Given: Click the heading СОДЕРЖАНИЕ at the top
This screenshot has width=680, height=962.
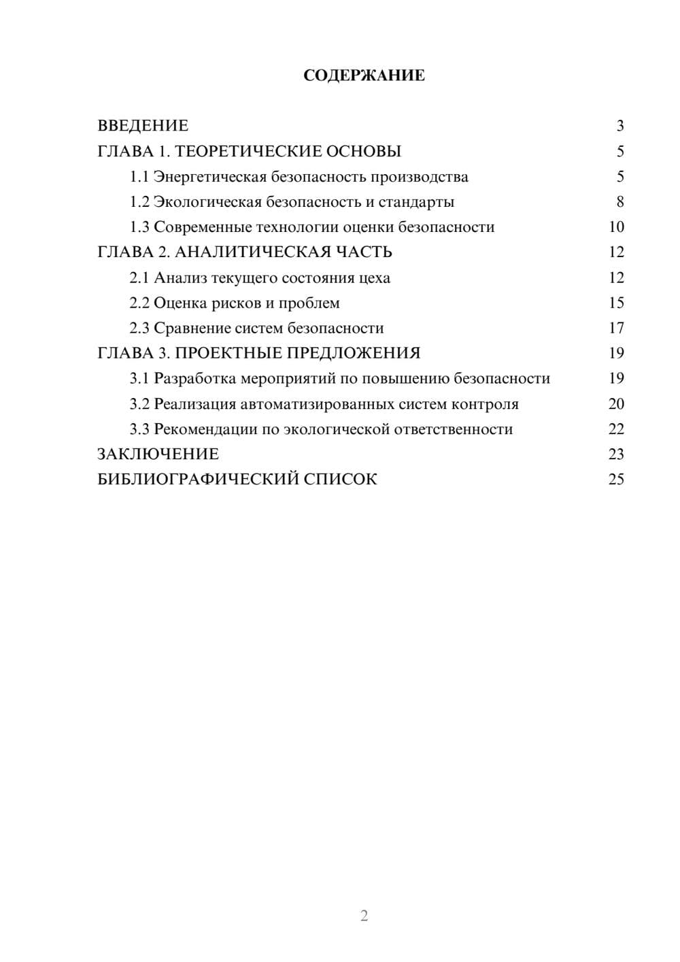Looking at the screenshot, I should (364, 76).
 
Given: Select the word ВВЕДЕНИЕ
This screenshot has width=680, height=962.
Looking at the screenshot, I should (143, 126).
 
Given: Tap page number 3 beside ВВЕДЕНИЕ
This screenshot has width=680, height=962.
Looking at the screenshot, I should (620, 126).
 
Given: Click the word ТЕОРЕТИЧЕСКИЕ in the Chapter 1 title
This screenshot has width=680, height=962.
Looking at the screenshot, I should (243, 151).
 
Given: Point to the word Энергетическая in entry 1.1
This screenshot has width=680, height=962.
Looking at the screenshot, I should (210, 177).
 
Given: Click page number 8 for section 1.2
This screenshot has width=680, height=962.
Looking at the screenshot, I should (620, 202).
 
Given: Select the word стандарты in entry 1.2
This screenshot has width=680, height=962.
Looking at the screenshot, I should (416, 202).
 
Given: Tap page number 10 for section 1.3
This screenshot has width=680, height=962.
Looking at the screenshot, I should (616, 227).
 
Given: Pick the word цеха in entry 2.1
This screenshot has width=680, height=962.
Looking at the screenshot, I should (375, 278).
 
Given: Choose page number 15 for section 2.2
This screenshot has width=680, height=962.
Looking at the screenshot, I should (616, 303).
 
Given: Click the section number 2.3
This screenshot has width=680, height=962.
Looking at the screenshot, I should (139, 329).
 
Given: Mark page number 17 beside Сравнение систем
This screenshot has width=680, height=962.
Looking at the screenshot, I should (616, 329).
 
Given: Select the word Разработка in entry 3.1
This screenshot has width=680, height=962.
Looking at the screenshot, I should (195, 379).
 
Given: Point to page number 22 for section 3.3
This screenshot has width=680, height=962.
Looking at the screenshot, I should (616, 429).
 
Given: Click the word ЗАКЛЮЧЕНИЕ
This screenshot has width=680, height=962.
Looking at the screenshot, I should (158, 454).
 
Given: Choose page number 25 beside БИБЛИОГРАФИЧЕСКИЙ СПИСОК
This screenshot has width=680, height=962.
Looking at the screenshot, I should (616, 480).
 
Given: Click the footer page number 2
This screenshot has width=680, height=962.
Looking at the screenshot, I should (364, 916).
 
